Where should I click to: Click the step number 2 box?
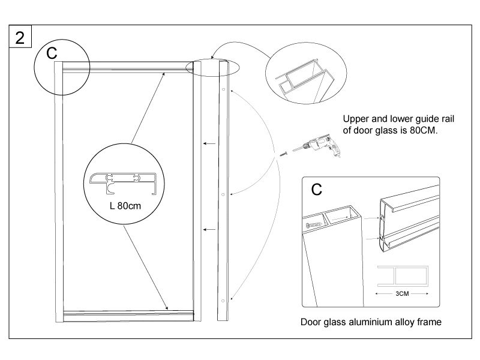pyautogui.click(x=20, y=37)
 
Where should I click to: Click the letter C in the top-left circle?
pyautogui.click(x=53, y=53)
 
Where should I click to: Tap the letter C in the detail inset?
pyautogui.click(x=317, y=190)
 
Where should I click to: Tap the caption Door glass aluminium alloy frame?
pyautogui.click(x=371, y=322)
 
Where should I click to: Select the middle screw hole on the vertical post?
pyautogui.click(x=223, y=194)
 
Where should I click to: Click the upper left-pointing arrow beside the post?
pyautogui.click(x=209, y=143)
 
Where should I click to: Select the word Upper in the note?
pyautogui.click(x=355, y=119)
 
